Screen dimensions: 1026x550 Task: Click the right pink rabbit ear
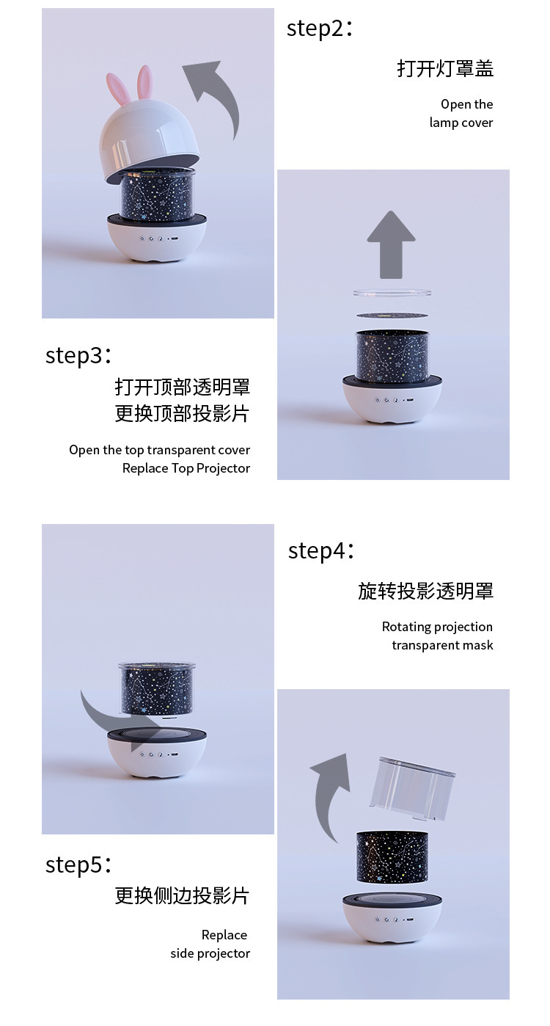coord(145,82)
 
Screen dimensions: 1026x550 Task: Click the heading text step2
coord(320,29)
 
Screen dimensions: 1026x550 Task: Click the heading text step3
coord(78,355)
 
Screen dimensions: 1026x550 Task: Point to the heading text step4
coord(321,550)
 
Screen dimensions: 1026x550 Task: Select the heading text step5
coord(78,865)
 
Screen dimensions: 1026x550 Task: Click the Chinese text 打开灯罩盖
coord(445,69)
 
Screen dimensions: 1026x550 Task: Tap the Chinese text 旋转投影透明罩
coord(425,592)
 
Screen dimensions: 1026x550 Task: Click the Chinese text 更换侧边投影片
coord(182,896)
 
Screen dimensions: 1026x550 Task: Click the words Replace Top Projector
coord(186,468)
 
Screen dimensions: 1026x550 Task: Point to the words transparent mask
coord(442,645)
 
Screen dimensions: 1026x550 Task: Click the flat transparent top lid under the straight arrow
coord(392,294)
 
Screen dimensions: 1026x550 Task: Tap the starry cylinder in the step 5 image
coord(392,856)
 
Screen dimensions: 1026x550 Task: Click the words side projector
coord(210,953)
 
